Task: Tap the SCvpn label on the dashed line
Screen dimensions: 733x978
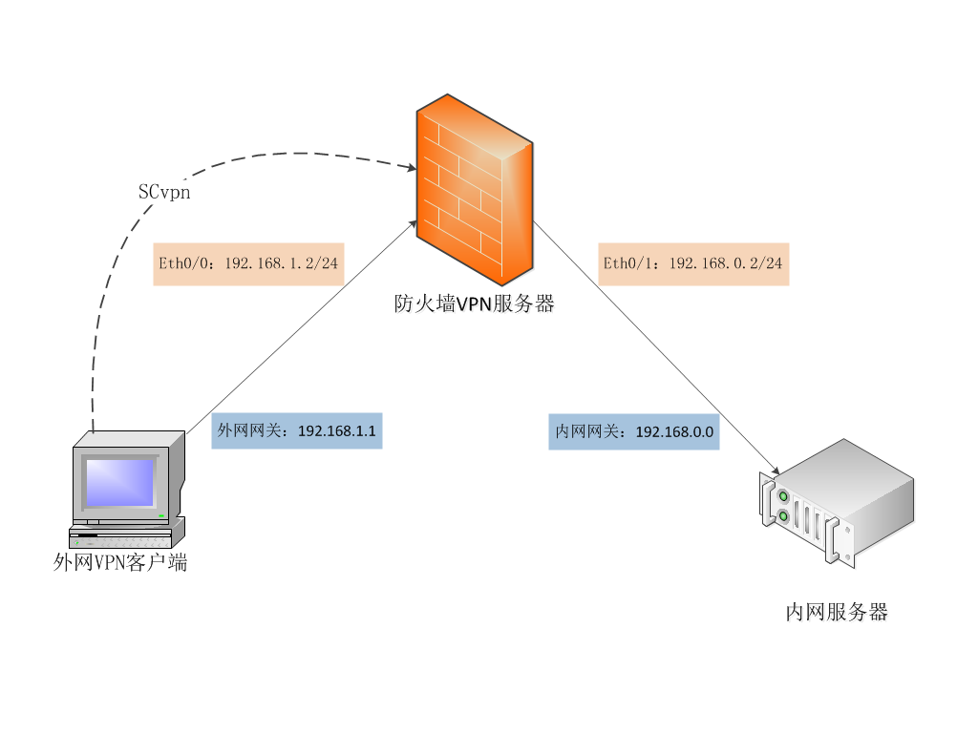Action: pyautogui.click(x=164, y=191)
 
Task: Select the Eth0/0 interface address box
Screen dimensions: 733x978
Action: pyautogui.click(x=248, y=263)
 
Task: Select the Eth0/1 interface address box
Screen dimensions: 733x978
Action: pyautogui.click(x=694, y=263)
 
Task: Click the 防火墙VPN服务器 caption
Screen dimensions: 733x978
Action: pyautogui.click(x=475, y=304)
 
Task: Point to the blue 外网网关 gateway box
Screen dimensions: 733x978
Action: pyautogui.click(x=296, y=430)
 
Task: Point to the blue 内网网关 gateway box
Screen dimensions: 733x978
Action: pyautogui.click(x=634, y=431)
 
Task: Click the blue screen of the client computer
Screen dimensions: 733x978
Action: pyautogui.click(x=118, y=482)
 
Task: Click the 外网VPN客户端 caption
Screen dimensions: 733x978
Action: pyautogui.click(x=120, y=562)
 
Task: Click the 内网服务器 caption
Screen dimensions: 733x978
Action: pyautogui.click(x=837, y=612)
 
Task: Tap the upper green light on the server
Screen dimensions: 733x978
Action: pyautogui.click(x=783, y=496)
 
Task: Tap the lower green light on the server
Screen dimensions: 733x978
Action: pyautogui.click(x=784, y=517)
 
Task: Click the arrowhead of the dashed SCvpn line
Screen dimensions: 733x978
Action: pyautogui.click(x=412, y=169)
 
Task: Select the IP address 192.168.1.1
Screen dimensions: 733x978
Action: pyautogui.click(x=337, y=431)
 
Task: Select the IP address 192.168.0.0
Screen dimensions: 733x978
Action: pyautogui.click(x=675, y=431)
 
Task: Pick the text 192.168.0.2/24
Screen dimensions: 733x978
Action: pyautogui.click(x=726, y=263)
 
